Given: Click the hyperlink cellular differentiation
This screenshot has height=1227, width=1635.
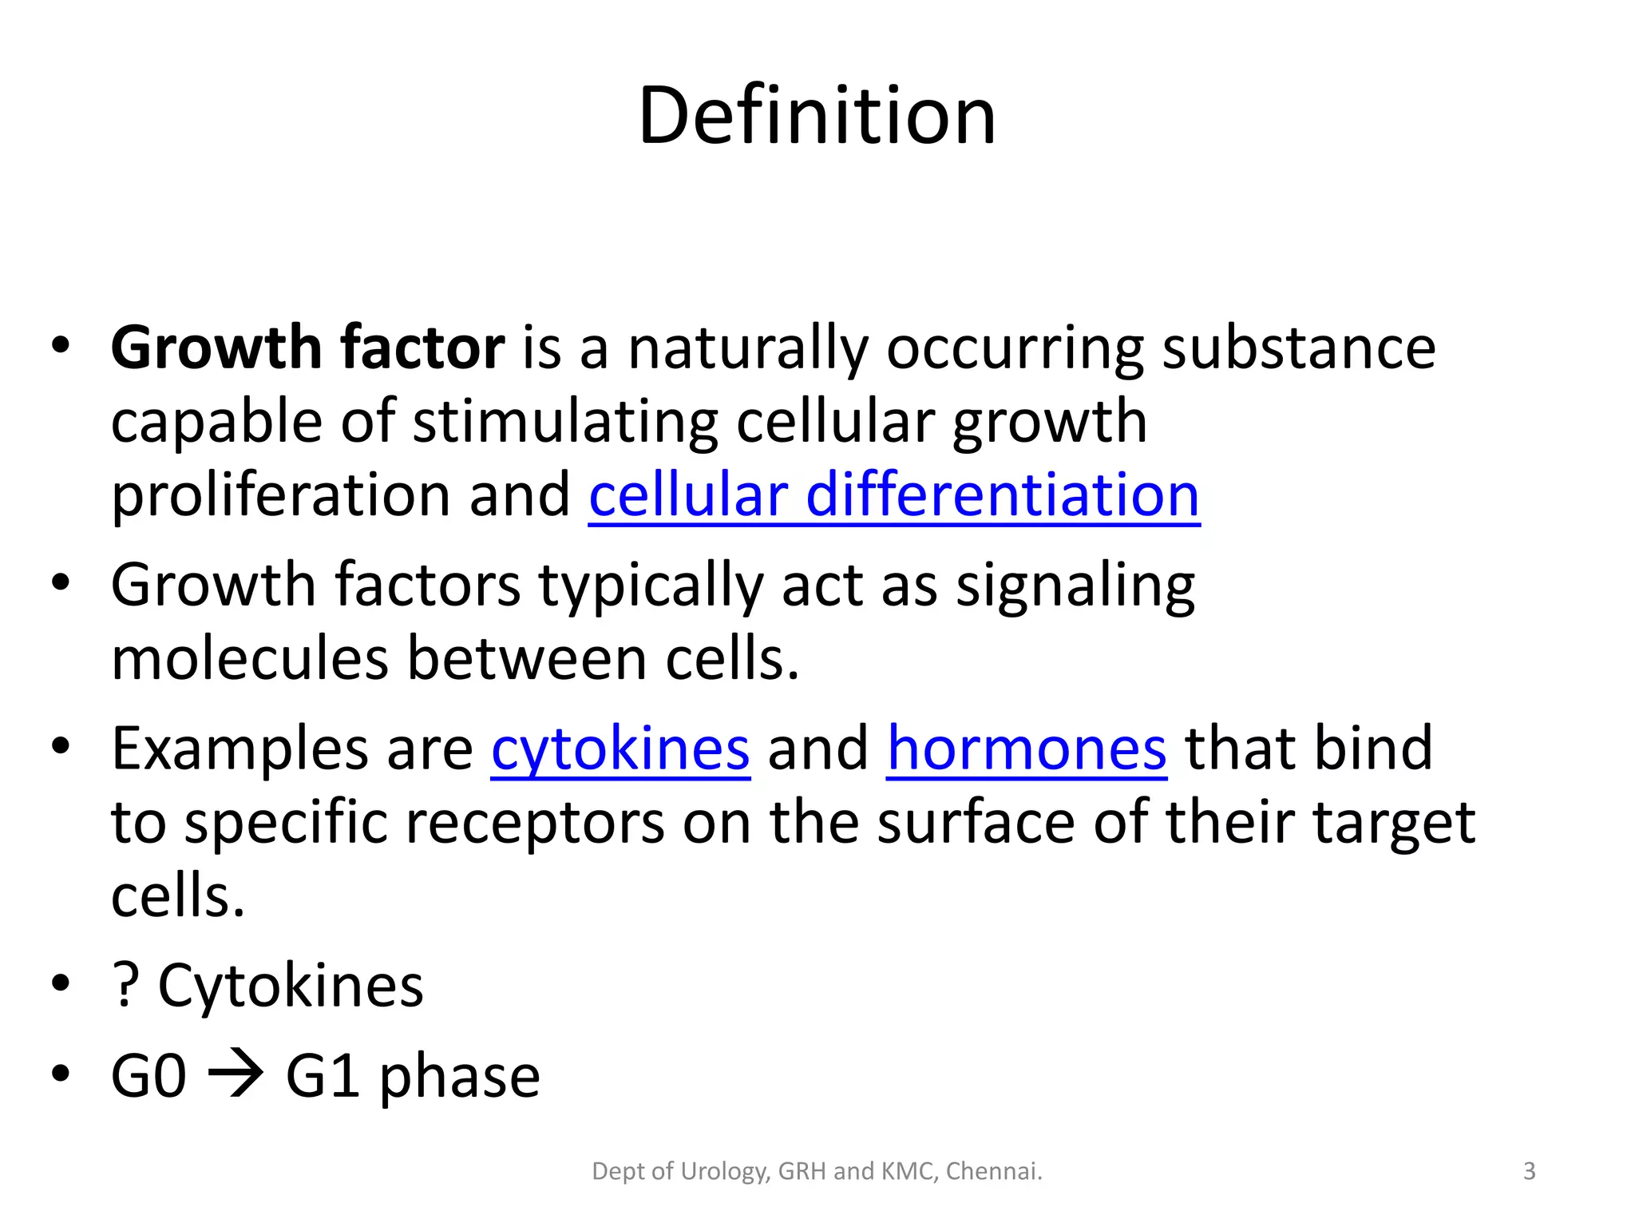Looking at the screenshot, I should pos(894,495).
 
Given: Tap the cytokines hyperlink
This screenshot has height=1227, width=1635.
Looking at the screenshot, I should pos(620,749).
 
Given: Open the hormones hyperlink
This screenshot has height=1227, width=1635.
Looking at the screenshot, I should pos(1027,749).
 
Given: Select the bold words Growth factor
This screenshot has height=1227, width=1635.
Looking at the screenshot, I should pos(307,348).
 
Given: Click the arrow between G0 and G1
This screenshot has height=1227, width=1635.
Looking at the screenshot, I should pos(236,1075).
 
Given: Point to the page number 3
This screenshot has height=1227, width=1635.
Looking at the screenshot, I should pos(1529,1171).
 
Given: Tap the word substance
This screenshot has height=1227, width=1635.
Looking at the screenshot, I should pos(1299,348).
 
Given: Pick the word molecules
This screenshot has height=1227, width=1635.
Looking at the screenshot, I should pos(250,659).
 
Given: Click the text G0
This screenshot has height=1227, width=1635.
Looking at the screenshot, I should pos(148,1076).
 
